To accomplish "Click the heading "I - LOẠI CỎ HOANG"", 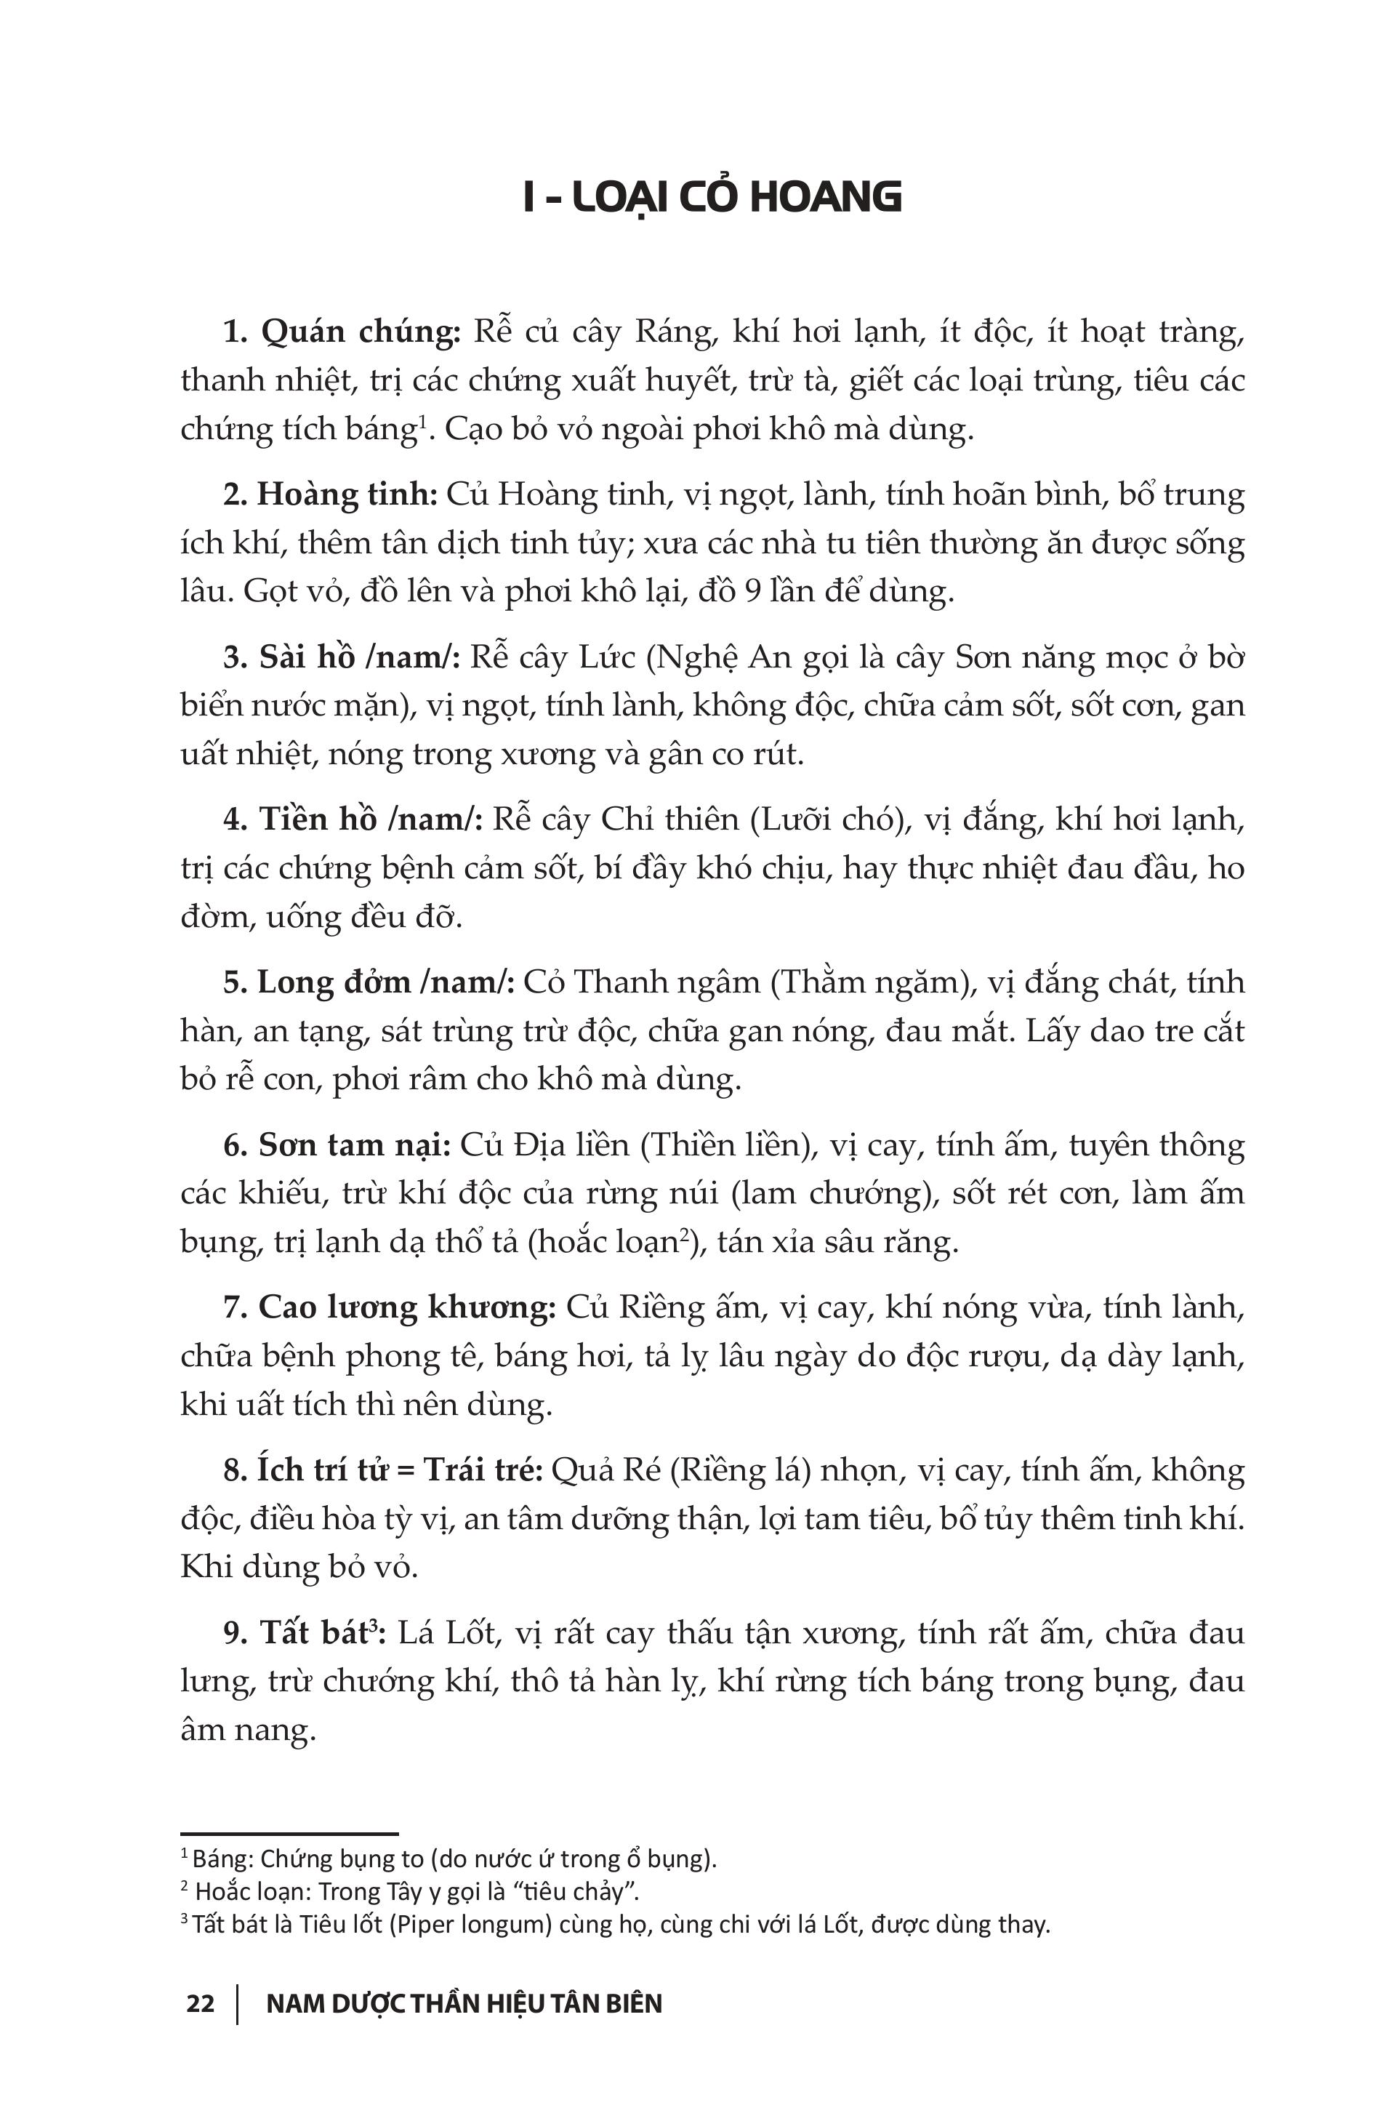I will tap(712, 197).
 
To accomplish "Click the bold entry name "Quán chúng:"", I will tap(361, 332).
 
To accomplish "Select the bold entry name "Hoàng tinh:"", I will tap(347, 494).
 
